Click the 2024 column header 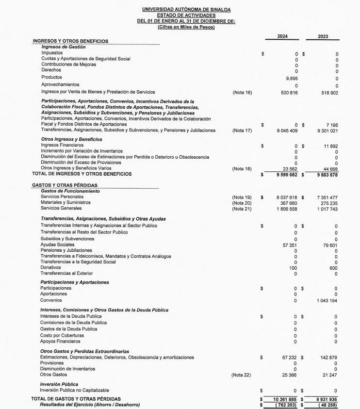(282, 36)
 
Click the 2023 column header (323, 36)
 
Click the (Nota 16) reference (242, 92)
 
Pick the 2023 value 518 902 (328, 92)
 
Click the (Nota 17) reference (242, 131)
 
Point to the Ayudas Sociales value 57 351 (290, 245)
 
